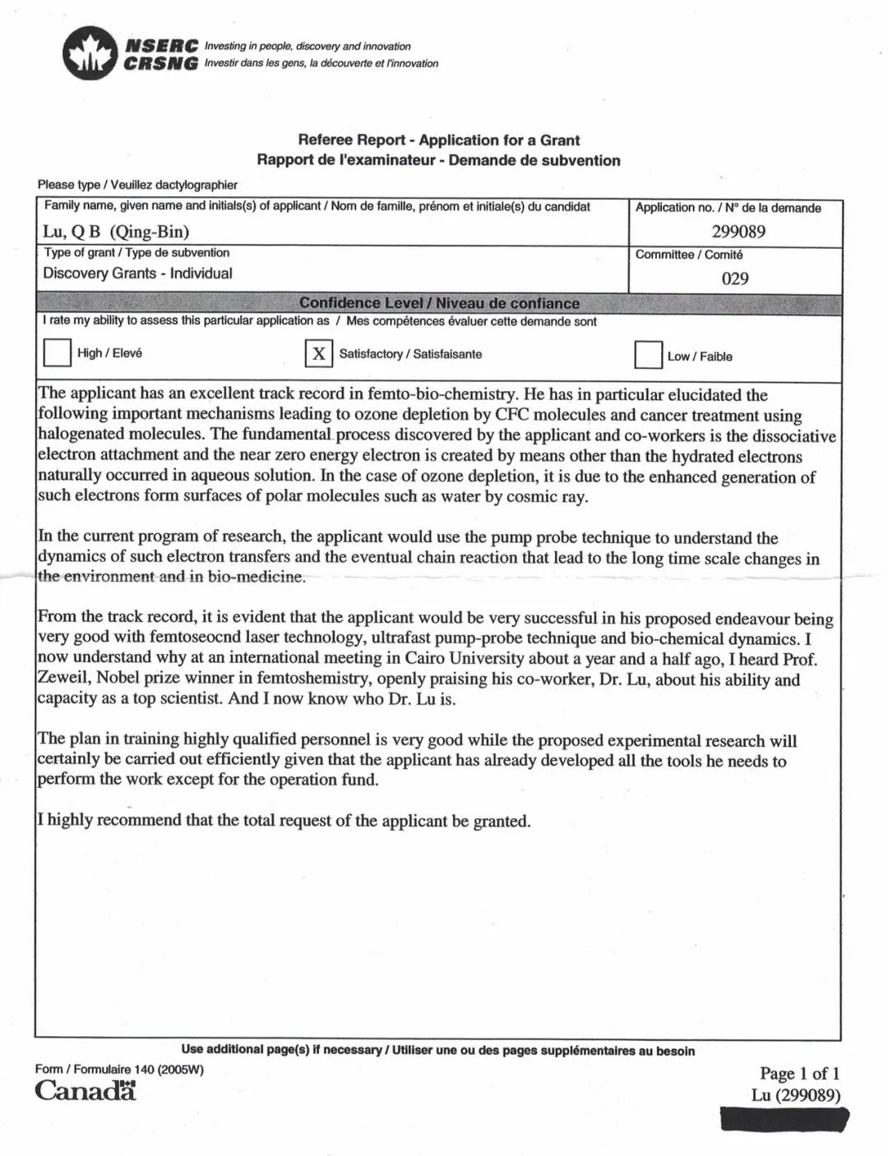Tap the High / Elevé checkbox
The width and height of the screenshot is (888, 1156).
[57, 353]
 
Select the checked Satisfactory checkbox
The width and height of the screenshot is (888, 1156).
[318, 354]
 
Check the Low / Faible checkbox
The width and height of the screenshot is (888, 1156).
[648, 356]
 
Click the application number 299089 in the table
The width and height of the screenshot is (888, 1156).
[738, 232]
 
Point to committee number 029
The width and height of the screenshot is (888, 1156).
[734, 279]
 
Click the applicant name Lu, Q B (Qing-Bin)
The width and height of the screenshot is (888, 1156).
[116, 232]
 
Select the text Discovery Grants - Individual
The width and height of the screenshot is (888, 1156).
[137, 274]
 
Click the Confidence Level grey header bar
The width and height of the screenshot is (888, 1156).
[439, 303]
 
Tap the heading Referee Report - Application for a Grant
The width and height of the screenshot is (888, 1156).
[438, 140]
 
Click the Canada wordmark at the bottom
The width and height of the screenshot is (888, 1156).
[86, 1091]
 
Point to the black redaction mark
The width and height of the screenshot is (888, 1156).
[784, 1119]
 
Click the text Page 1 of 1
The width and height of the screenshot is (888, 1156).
[799, 1073]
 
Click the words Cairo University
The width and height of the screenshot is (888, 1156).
[463, 658]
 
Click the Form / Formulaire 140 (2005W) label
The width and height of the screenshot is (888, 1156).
[119, 1069]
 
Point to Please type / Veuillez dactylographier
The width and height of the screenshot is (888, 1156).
[137, 185]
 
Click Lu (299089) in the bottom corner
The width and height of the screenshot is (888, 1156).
[795, 1095]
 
